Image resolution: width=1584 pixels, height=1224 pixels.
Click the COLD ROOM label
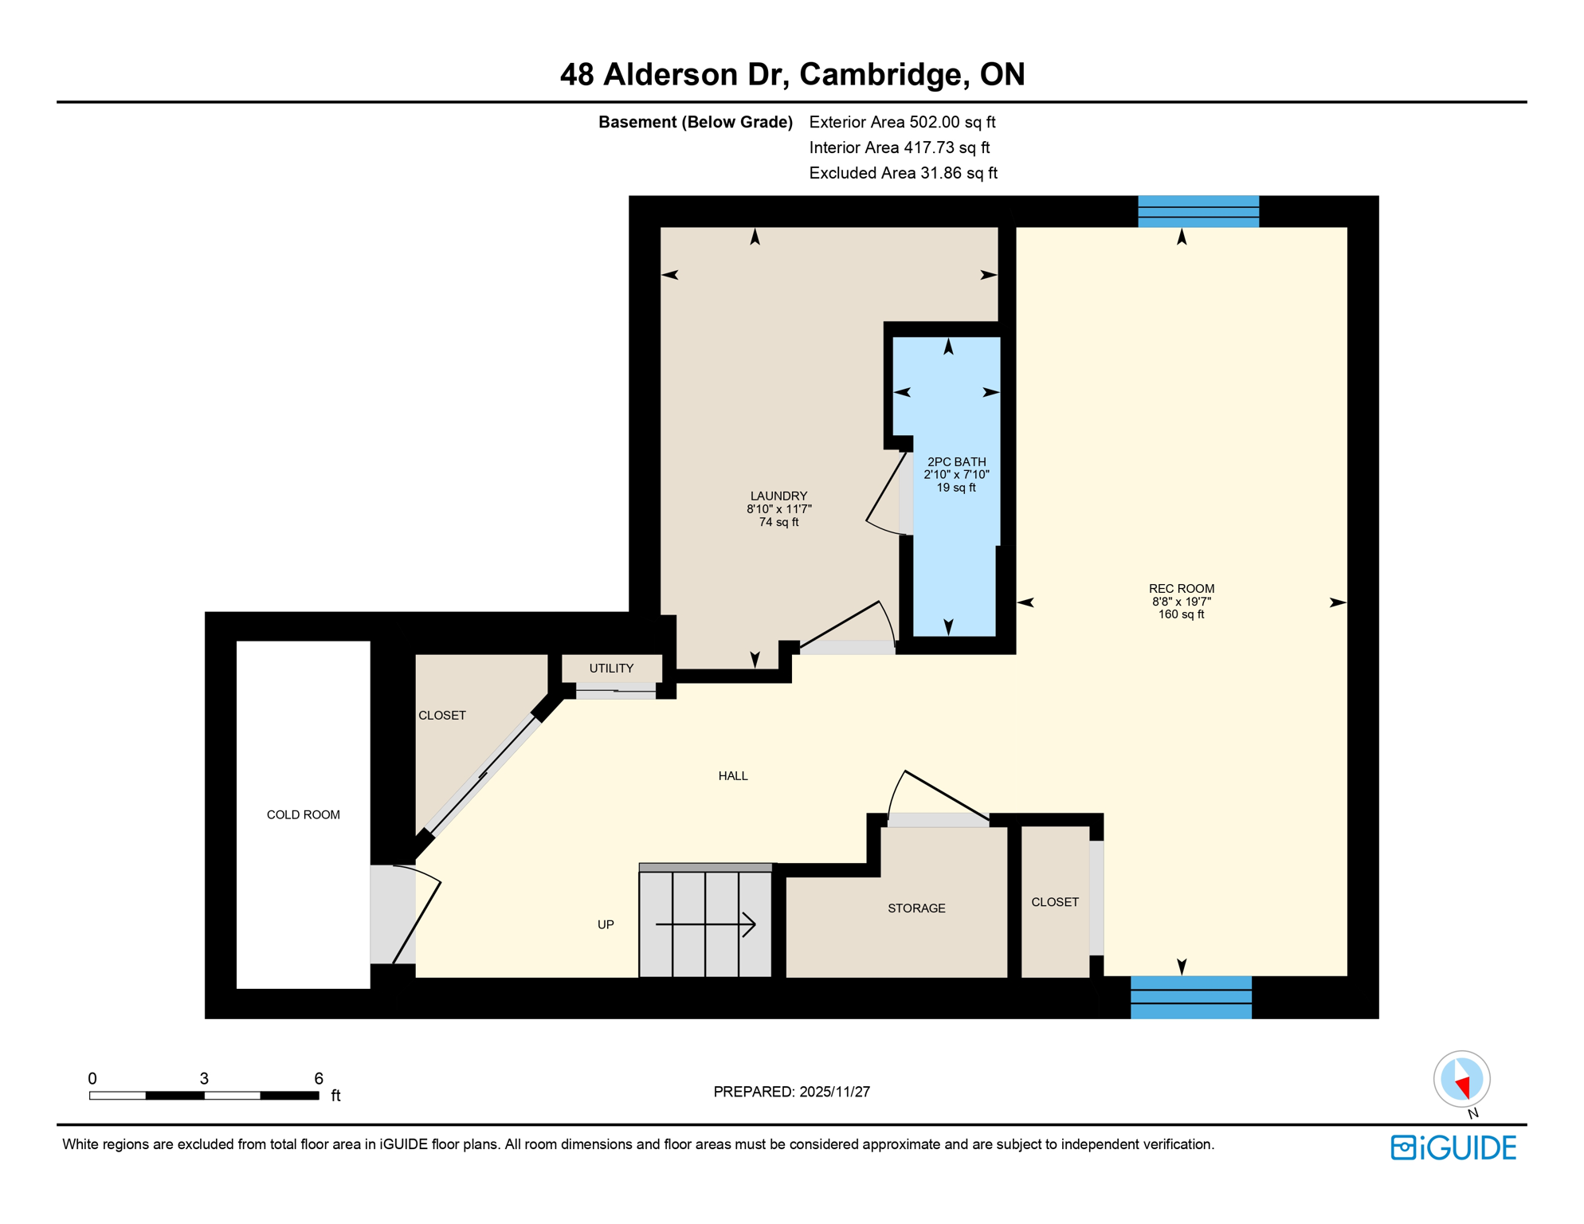[303, 814]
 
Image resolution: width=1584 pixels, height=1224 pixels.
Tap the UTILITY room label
[611, 669]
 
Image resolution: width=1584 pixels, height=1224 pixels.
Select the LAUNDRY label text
[778, 496]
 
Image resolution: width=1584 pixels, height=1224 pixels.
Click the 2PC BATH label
[956, 462]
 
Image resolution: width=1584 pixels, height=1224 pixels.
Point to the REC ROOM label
[1181, 589]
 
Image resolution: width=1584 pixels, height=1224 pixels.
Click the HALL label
[733, 776]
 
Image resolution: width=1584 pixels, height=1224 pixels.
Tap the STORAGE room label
[916, 908]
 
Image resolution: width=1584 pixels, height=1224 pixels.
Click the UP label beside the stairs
[606, 925]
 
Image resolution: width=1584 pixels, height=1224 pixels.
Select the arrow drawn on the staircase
[706, 924]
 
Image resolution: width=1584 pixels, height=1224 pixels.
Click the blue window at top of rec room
[1198, 212]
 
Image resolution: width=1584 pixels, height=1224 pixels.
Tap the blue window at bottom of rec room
[1190, 997]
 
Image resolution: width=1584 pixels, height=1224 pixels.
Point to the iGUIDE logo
[1453, 1147]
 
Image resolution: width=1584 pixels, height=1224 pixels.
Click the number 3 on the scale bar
[204, 1079]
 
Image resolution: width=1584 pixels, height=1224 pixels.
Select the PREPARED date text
[791, 1092]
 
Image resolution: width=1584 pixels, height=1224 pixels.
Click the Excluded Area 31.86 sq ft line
[903, 173]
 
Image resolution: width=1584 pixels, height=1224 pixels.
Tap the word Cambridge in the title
[884, 74]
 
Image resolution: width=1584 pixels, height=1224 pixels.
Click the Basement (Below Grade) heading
[695, 122]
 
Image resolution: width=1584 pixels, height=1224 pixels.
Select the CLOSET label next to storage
[1055, 902]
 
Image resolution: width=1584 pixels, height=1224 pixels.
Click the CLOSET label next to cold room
[442, 716]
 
